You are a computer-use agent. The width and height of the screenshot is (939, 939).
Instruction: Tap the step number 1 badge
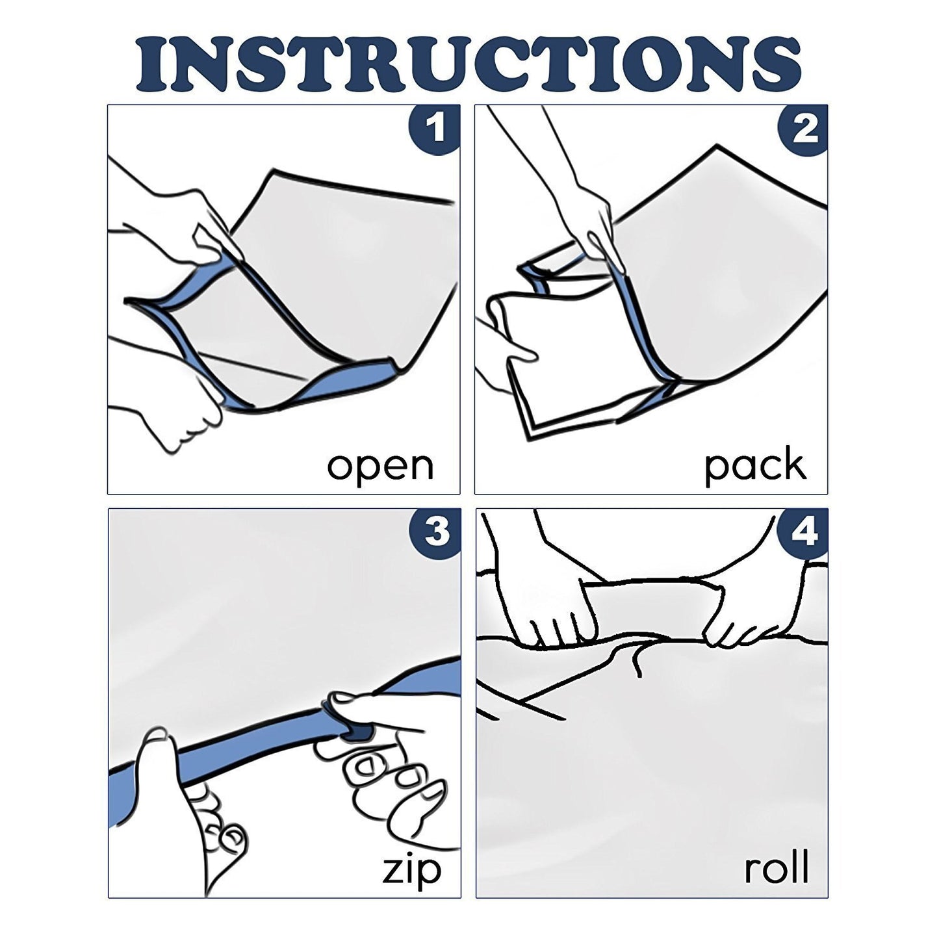pos(433,128)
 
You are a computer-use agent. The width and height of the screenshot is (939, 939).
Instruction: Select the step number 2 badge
pos(803,129)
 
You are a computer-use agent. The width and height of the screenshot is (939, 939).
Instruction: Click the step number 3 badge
pos(434,532)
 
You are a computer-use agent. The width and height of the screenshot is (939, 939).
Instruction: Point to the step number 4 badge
pos(803,533)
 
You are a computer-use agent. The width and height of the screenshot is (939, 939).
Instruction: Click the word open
pos(380,465)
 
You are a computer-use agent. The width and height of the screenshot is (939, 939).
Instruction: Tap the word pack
pos(755,467)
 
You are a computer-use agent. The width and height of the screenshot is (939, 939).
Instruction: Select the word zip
pos(411,869)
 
